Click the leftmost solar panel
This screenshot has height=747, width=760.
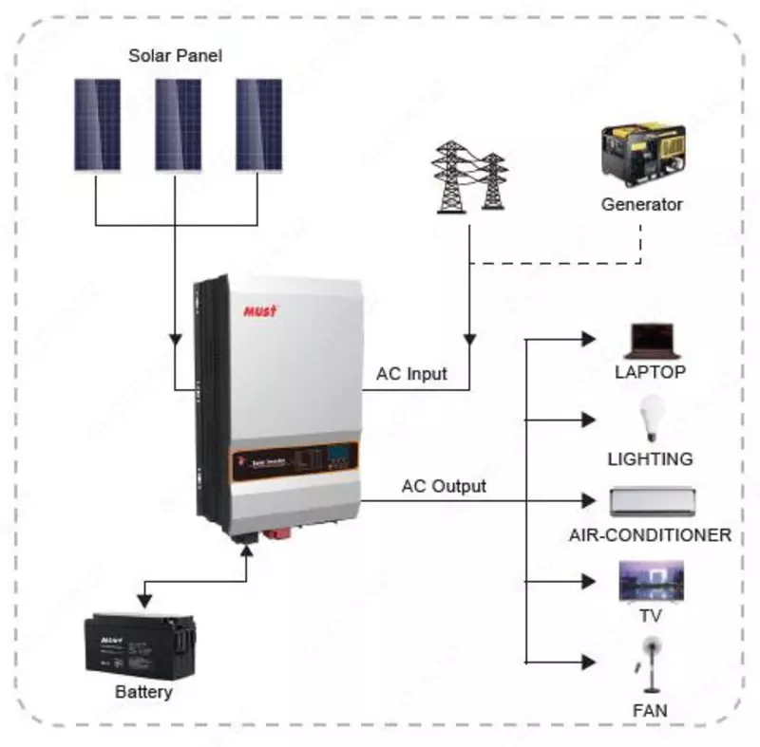coord(98,124)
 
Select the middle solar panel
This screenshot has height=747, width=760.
coord(178,124)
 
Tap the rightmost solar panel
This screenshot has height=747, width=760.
coord(258,124)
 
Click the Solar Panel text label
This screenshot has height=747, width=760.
coord(175,56)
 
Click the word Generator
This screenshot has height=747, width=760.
coord(641,204)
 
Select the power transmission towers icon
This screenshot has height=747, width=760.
coord(469,180)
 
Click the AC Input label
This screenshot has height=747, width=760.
coord(411,374)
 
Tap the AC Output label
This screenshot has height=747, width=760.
coord(444,487)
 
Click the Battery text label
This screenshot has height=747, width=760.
coord(143,692)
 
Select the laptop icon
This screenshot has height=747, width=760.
coord(651,340)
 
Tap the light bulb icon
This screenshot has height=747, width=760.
coord(650,421)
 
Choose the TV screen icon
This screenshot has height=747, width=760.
coord(651,581)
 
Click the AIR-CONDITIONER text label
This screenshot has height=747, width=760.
coord(650,535)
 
